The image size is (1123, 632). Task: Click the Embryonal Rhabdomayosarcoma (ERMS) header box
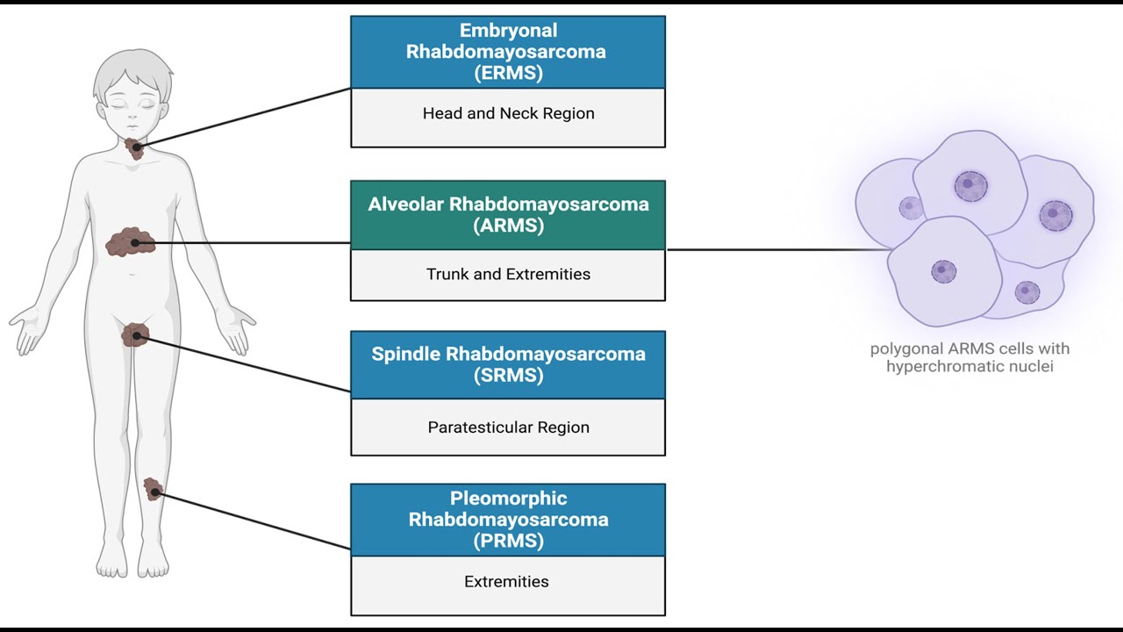508,52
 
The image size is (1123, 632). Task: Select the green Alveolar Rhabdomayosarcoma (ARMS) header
508,215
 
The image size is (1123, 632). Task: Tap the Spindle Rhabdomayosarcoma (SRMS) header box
508,364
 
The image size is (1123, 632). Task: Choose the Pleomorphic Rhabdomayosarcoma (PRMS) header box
508,520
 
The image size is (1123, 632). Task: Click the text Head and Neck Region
508,113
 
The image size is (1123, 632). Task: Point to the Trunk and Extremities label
508,274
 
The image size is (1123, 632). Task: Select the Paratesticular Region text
508,427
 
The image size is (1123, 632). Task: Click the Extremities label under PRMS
506,581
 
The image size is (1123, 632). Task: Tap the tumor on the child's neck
134,148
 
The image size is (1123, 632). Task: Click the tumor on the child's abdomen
131,242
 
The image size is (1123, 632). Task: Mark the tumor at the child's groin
135,335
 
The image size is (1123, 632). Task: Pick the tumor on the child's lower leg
153,489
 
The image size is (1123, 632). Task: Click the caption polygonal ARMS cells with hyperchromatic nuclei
969,357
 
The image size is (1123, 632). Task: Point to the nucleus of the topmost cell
970,186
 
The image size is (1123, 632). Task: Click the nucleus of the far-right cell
1055,216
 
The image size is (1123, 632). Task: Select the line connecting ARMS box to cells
778,249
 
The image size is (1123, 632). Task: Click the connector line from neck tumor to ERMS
244,118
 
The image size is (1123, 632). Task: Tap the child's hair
132,73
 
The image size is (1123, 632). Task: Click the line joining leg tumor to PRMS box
254,521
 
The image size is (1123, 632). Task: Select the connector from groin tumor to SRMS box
244,363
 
